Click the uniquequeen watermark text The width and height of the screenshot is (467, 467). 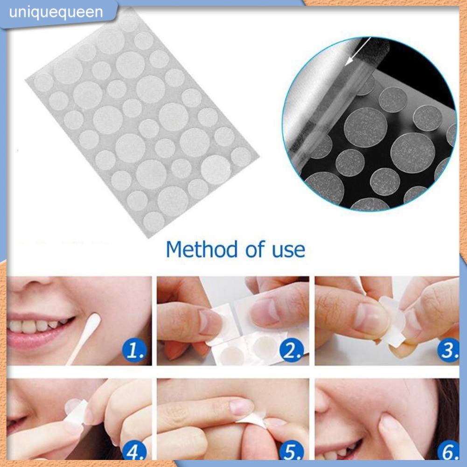coord(56,12)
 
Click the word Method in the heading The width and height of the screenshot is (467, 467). coord(202,249)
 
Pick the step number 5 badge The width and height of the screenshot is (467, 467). coord(293,452)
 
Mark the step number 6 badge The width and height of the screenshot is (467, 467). coord(449,452)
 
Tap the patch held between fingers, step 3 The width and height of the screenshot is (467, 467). coord(392,322)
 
